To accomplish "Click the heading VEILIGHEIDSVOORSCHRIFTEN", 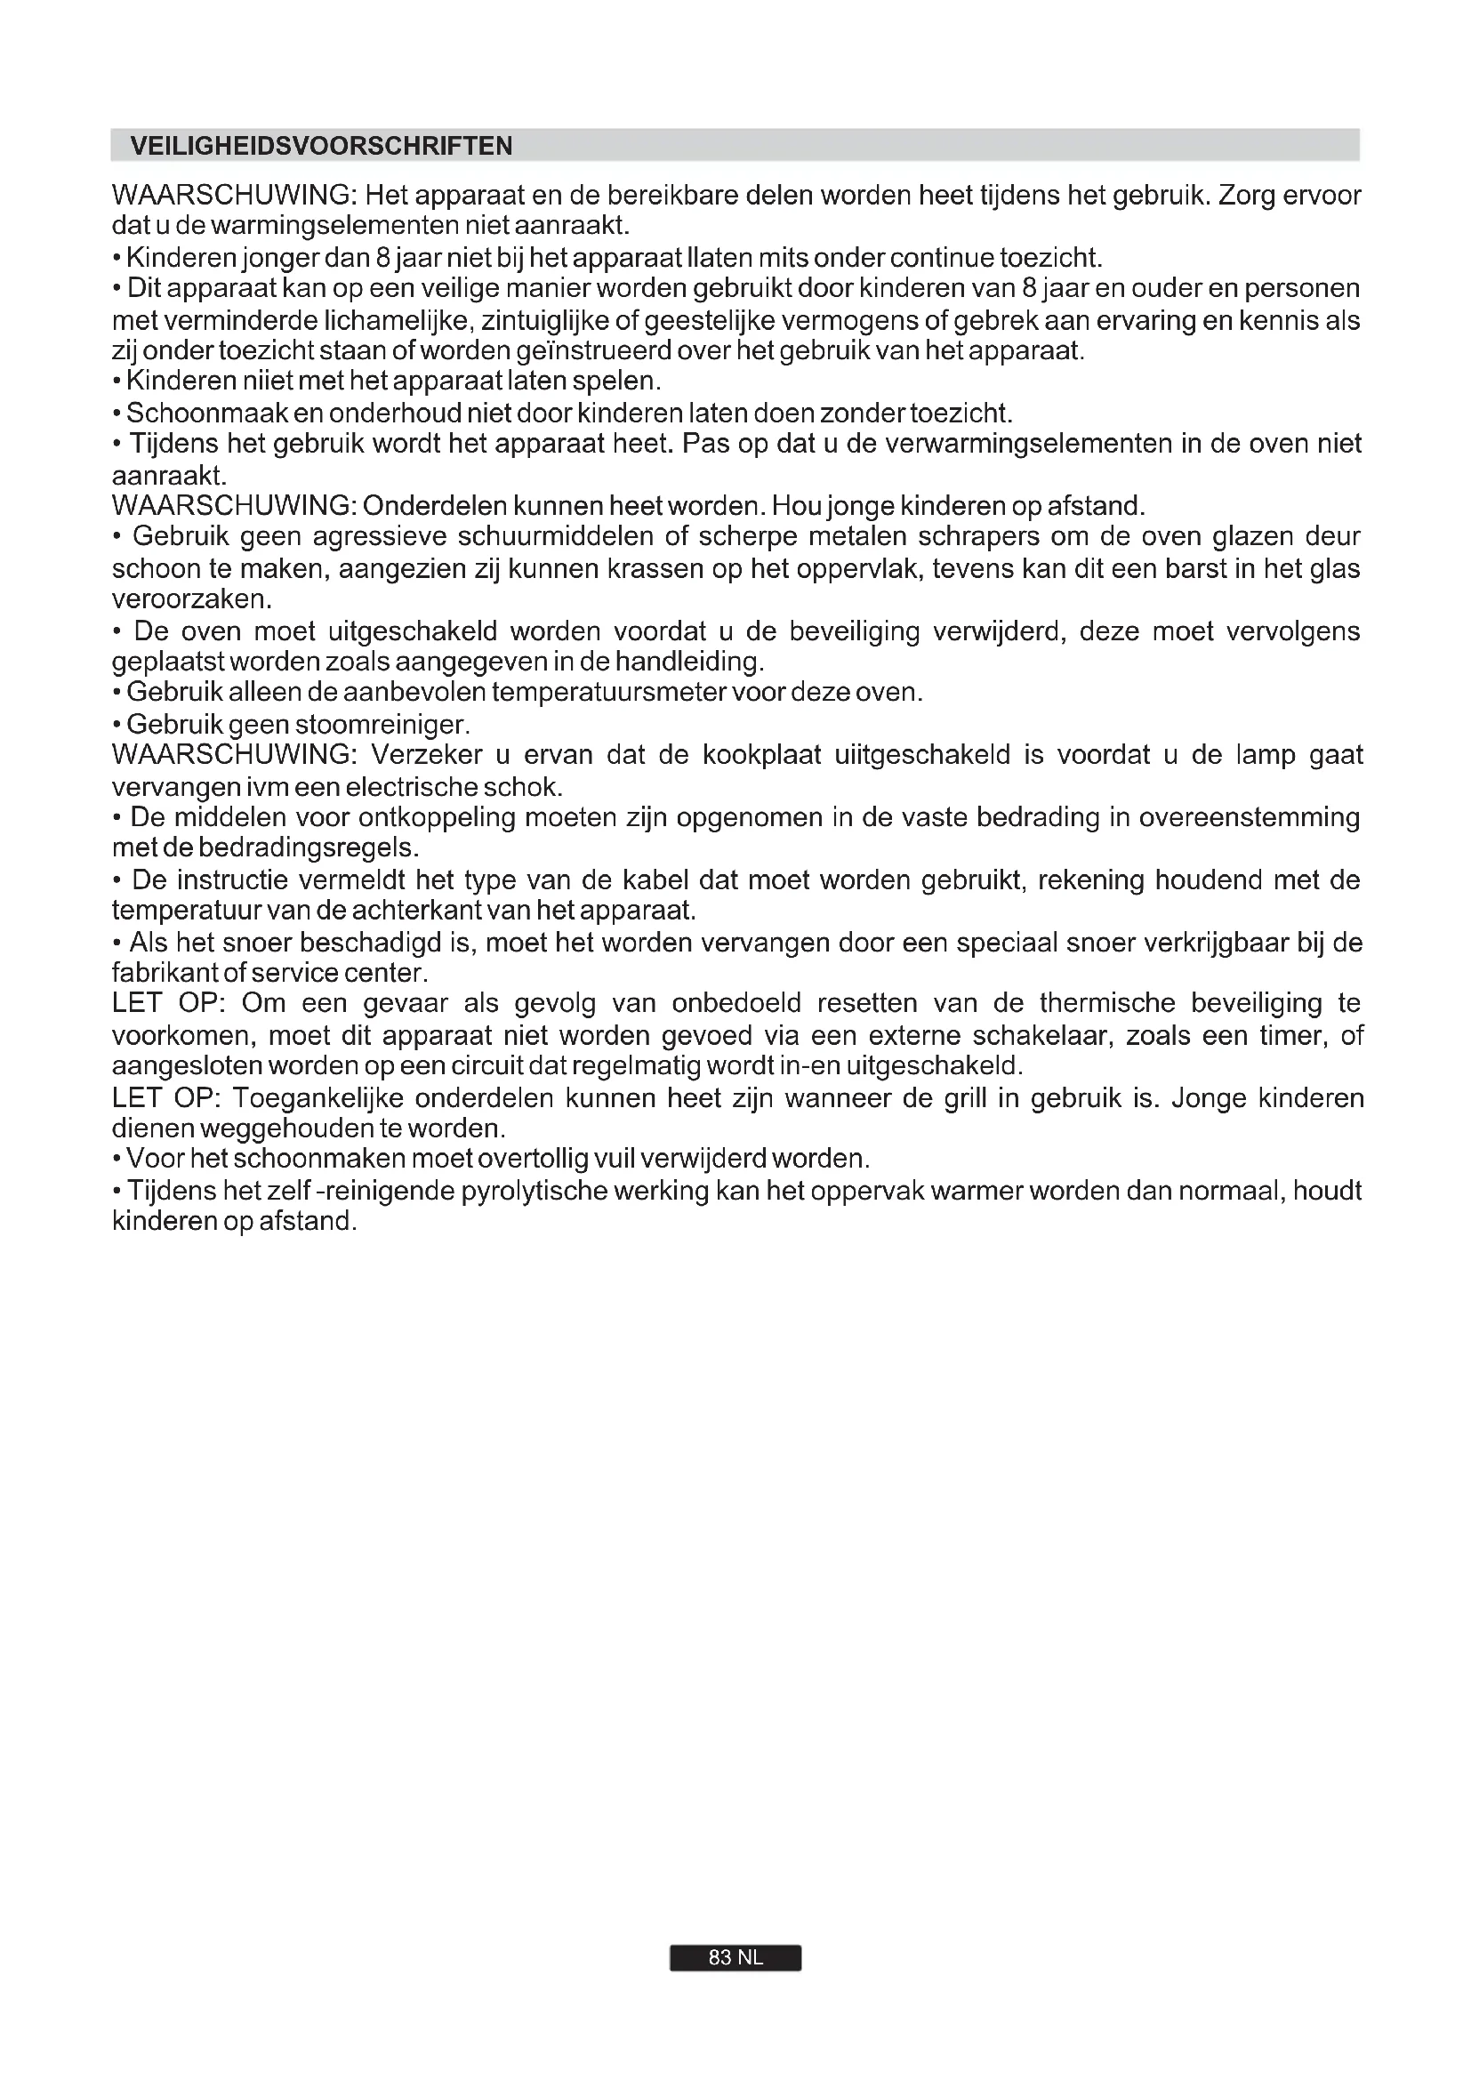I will [x=322, y=146].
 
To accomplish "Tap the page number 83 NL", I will [x=735, y=1957].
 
